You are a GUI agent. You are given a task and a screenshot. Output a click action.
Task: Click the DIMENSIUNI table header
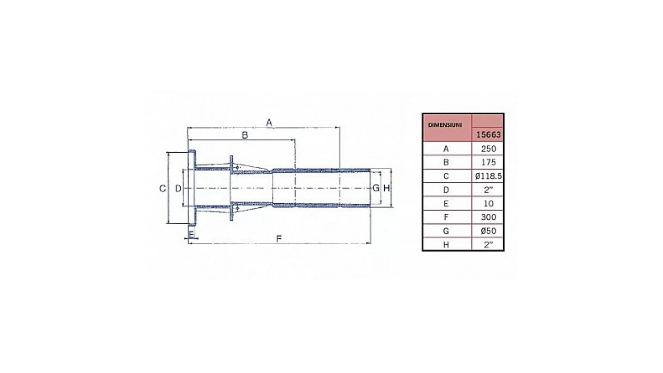click(445, 125)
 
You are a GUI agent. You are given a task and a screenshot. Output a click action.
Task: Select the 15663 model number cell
click(488, 135)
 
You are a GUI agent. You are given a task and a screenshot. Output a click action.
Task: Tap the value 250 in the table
click(489, 149)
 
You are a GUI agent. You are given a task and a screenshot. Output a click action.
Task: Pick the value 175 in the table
click(489, 162)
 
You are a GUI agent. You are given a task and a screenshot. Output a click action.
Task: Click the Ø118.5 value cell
click(488, 176)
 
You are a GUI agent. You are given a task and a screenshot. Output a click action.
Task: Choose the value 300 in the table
click(489, 217)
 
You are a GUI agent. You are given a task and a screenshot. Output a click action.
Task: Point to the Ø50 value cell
click(489, 231)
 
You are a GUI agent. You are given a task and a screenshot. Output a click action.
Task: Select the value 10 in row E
click(489, 204)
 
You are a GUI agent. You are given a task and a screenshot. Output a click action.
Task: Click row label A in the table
click(446, 149)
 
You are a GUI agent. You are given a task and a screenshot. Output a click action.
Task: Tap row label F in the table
click(446, 217)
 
